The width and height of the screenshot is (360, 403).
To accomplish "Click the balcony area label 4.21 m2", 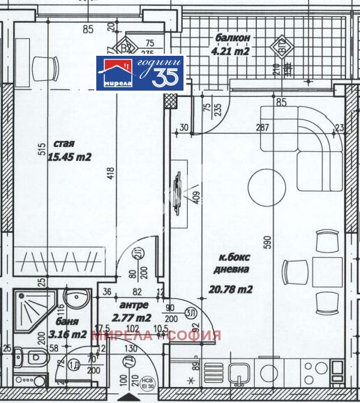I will pos(230,50).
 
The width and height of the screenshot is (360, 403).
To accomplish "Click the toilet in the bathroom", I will pos(32,358).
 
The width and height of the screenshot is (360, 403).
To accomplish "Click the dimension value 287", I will pos(262,128).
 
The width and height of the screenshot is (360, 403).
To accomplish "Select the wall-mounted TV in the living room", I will pos(177,189).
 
